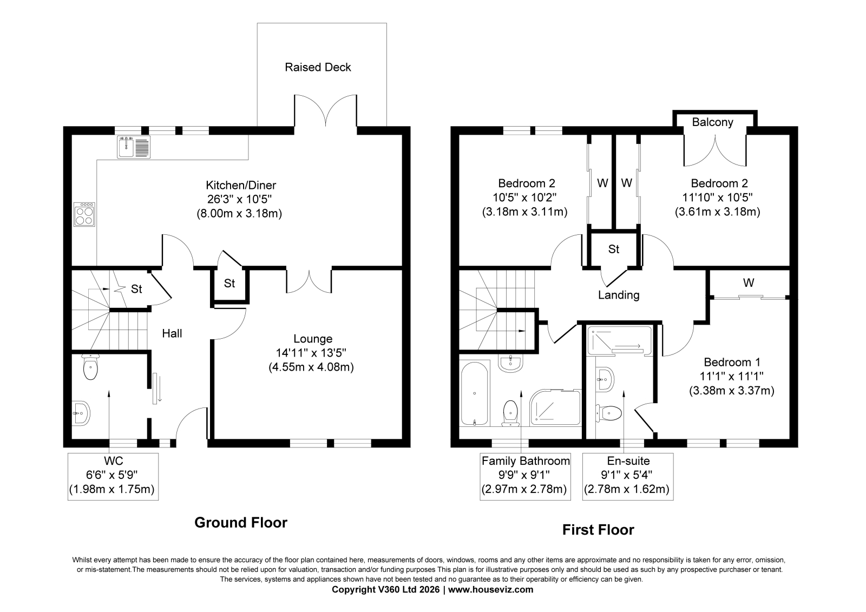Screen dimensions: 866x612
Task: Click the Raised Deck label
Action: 318,67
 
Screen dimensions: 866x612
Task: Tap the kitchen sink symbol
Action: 134,147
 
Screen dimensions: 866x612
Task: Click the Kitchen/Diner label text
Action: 241,185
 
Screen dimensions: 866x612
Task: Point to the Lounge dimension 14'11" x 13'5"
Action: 311,353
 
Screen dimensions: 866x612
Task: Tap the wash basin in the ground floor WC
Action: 81,413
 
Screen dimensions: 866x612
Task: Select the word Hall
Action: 172,333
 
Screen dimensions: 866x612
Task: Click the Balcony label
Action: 712,122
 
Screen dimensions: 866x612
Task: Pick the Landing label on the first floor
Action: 619,295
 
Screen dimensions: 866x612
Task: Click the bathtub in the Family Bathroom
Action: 474,393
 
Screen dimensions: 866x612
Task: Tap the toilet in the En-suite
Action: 609,413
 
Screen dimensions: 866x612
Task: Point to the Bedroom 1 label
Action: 732,362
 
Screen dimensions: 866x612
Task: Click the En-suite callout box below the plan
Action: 628,476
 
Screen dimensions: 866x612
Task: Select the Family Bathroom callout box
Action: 525,476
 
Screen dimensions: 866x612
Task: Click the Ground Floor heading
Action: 241,523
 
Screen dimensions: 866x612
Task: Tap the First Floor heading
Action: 598,530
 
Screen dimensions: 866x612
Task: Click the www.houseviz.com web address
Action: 490,590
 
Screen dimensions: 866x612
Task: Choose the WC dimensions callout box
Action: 113,476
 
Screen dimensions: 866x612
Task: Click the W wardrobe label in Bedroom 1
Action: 749,282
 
